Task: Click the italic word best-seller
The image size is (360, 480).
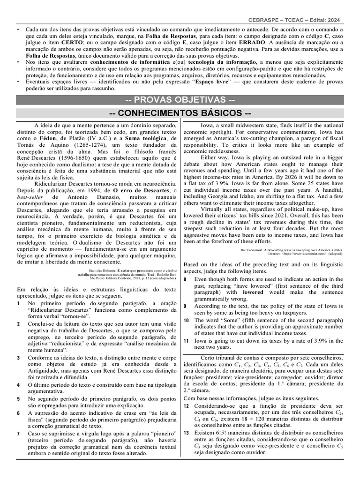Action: point(29,198)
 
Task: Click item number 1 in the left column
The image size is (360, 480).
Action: point(18,304)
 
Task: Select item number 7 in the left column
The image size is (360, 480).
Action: point(18,434)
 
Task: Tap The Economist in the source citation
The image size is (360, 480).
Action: point(255,251)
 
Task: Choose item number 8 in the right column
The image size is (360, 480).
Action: point(185,279)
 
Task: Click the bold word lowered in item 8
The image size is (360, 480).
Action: point(254,292)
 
